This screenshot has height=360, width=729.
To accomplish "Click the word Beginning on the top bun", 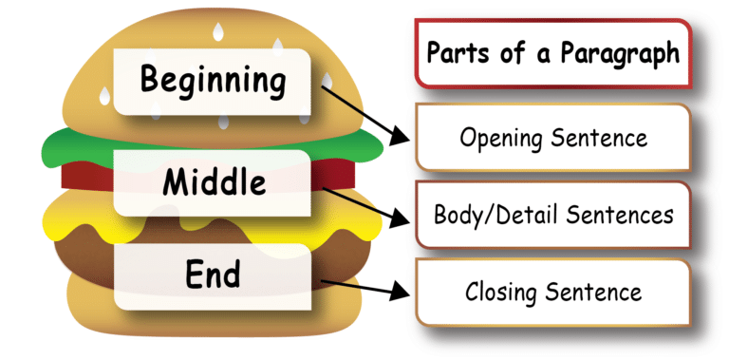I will coord(213,80).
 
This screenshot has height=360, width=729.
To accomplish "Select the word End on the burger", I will coord(213,275).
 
